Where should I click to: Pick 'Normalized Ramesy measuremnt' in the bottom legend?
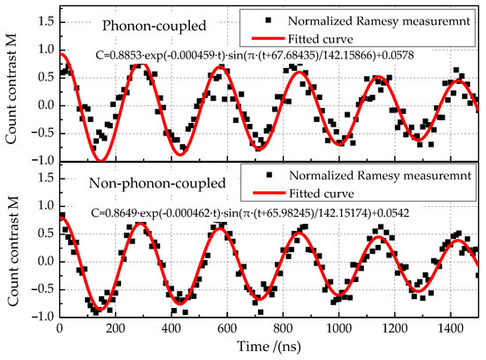coord(380,176)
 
